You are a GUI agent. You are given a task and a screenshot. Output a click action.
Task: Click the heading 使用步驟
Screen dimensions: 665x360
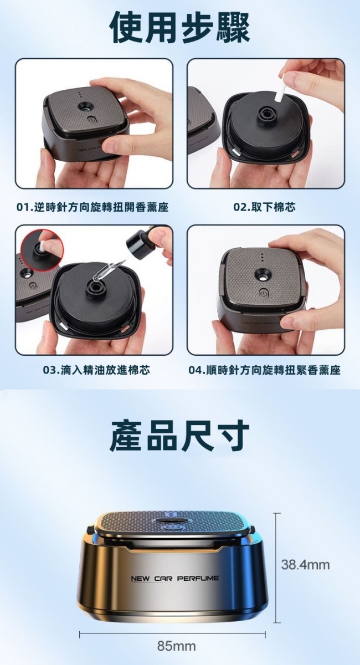pyautogui.click(x=180, y=28)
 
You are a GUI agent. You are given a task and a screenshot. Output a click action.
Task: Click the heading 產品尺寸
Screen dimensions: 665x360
pyautogui.click(x=180, y=435)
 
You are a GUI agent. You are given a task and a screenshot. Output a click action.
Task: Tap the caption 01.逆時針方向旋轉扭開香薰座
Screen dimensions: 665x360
pyautogui.click(x=92, y=207)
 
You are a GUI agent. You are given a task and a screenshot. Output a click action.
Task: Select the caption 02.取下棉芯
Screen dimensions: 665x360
pyautogui.click(x=264, y=207)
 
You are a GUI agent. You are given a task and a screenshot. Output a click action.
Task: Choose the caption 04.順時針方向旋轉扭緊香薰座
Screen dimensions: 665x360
pyautogui.click(x=265, y=370)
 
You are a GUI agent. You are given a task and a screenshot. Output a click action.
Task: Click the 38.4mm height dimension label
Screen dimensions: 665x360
pyautogui.click(x=305, y=565)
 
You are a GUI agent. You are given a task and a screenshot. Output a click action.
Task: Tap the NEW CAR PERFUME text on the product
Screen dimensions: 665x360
pyautogui.click(x=174, y=578)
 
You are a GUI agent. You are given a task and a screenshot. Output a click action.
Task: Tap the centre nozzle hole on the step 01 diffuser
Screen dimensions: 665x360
pyautogui.click(x=86, y=106)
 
